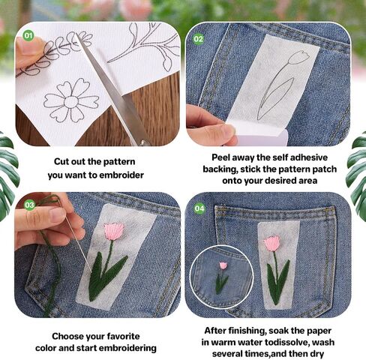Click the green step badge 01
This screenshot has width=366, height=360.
[x=28, y=35]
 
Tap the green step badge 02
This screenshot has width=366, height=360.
[x=199, y=39]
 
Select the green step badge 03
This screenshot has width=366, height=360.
[x=29, y=205]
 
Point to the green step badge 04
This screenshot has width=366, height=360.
[x=199, y=208]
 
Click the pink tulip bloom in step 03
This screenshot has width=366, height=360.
[x=114, y=232]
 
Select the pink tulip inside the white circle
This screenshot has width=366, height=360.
[x=223, y=265]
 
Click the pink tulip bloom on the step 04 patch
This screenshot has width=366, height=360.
[x=271, y=243]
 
